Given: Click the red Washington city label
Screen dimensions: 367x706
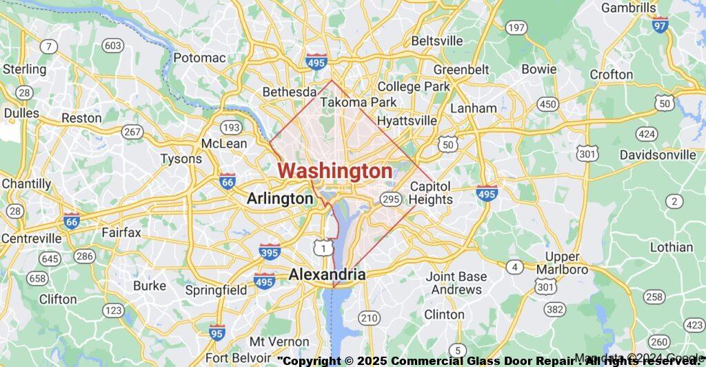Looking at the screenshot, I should point(335,171).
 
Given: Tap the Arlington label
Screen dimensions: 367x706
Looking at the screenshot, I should point(281,199).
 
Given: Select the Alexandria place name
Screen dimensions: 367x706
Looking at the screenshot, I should point(327,275).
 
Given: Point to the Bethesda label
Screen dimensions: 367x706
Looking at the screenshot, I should point(290,92).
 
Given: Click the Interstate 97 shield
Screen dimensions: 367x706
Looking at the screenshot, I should point(660,26).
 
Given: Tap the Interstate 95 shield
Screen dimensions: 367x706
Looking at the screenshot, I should point(217,333).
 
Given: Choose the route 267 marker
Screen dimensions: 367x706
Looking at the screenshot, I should point(132,131).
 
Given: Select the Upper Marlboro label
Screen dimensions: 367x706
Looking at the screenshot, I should point(562,263).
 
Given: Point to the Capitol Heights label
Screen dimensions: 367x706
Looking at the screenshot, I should point(431,193).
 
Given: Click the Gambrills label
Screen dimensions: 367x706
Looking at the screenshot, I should point(628,8).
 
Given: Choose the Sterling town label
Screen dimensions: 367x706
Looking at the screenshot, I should point(24,69).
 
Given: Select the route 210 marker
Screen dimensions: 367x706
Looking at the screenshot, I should point(369,317).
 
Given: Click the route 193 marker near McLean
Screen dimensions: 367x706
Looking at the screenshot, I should point(232,128).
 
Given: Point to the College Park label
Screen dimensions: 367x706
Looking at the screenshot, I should point(414,86).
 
